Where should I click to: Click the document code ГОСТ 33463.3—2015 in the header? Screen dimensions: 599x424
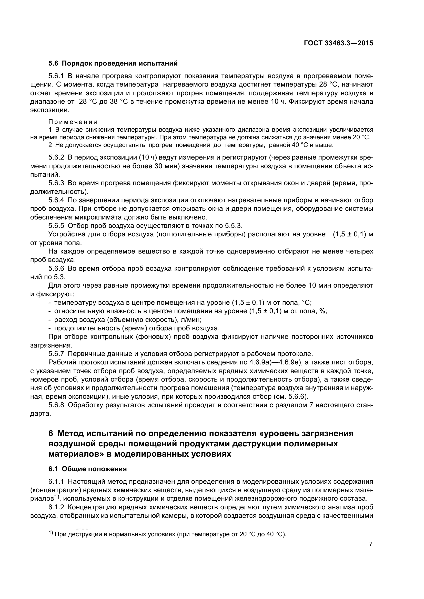(338, 43)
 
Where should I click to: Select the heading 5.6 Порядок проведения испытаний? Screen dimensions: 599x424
(113, 64)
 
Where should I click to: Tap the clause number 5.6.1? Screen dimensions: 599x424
(56, 76)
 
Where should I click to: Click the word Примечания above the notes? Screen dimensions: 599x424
(73, 122)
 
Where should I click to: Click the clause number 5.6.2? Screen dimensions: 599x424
(56, 157)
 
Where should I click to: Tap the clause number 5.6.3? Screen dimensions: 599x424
(56, 183)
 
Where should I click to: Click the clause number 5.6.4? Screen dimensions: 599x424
(56, 200)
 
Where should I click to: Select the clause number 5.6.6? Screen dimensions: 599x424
(56, 268)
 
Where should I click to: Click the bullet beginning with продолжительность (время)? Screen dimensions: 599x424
(136, 328)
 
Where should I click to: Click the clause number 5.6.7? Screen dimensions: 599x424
(56, 354)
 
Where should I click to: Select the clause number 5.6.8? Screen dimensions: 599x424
(56, 405)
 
